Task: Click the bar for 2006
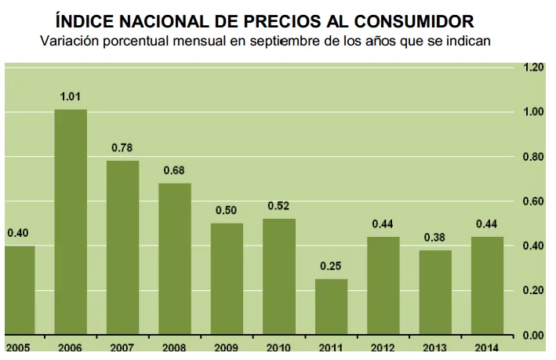pos(71,222)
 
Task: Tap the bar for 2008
pos(175,259)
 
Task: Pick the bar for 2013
pos(435,293)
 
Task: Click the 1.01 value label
pos(71,97)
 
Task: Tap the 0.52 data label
pos(279,207)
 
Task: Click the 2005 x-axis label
pos(18,347)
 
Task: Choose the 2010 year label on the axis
pos(279,347)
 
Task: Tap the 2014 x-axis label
pos(487,347)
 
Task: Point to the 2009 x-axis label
pos(227,347)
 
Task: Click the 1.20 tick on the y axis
pos(533,68)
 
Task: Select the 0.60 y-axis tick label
pos(533,202)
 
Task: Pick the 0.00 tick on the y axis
pos(533,336)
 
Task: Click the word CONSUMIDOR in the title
pos(411,18)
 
